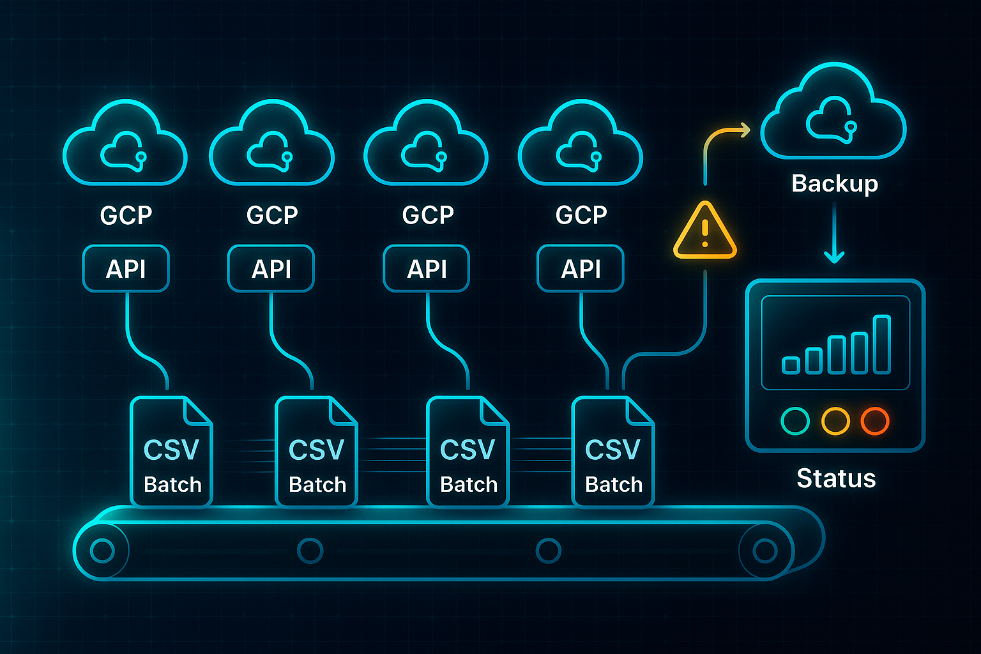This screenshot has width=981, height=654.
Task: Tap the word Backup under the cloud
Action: [x=835, y=184]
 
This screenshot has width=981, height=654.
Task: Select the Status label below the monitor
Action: [x=836, y=478]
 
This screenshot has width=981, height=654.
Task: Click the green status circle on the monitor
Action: [x=795, y=421]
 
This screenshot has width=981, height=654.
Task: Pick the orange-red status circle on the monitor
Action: [x=874, y=421]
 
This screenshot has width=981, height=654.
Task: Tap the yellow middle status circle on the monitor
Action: [x=835, y=421]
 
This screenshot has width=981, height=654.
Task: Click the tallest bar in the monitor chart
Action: [x=882, y=344]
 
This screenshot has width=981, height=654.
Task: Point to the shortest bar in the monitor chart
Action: [x=791, y=365]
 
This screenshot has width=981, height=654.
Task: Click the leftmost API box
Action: [x=126, y=269]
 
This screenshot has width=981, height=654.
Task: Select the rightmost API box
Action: [x=581, y=269]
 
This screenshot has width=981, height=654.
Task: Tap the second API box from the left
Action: [x=271, y=269]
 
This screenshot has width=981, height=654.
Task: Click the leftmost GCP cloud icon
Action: [x=125, y=146]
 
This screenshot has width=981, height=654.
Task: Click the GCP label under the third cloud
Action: [x=427, y=215]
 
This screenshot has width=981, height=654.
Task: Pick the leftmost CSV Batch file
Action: [x=171, y=452]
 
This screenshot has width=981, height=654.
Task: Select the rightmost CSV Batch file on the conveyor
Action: [x=613, y=452]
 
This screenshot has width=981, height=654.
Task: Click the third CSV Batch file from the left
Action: [x=468, y=452]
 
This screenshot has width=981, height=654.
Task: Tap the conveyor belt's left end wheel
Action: [x=102, y=551]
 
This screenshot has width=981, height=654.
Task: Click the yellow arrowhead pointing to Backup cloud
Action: [x=744, y=130]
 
